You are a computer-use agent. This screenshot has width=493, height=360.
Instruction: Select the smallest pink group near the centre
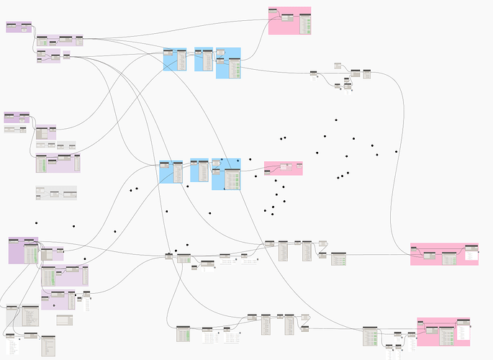click(x=283, y=168)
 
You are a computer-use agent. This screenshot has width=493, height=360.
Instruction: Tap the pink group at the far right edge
click(x=443, y=253)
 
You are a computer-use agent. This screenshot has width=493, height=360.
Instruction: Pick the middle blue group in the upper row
click(x=204, y=59)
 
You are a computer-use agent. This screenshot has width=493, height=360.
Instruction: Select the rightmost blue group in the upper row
click(x=228, y=63)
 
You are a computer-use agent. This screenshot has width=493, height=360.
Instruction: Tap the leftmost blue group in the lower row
click(x=171, y=172)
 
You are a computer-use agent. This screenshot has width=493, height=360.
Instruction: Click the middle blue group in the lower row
click(x=199, y=170)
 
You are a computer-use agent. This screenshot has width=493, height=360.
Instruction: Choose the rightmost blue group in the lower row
click(x=227, y=174)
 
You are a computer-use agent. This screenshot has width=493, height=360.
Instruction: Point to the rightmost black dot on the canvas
click(x=397, y=151)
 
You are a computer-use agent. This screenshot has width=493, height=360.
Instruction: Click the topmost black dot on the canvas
click(x=336, y=120)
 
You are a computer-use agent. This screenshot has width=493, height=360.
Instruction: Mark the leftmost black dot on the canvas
click(x=36, y=243)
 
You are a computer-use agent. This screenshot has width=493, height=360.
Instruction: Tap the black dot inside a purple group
click(x=36, y=243)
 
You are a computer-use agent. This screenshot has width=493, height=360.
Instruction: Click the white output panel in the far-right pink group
click(x=471, y=255)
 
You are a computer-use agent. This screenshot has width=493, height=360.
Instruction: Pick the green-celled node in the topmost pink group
click(x=306, y=24)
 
